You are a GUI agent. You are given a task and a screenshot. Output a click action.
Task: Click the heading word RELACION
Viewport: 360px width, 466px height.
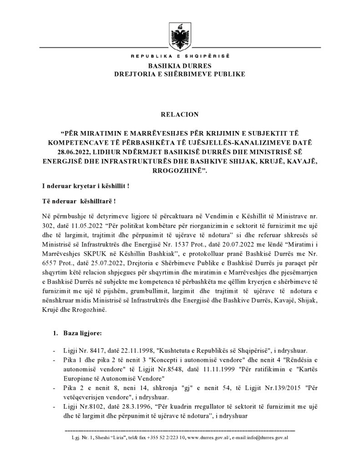tap(180, 110)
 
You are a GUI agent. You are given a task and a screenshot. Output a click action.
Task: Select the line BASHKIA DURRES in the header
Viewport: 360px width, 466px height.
tap(180, 66)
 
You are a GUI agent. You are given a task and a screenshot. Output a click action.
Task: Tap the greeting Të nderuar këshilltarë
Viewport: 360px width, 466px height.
tap(78, 202)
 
